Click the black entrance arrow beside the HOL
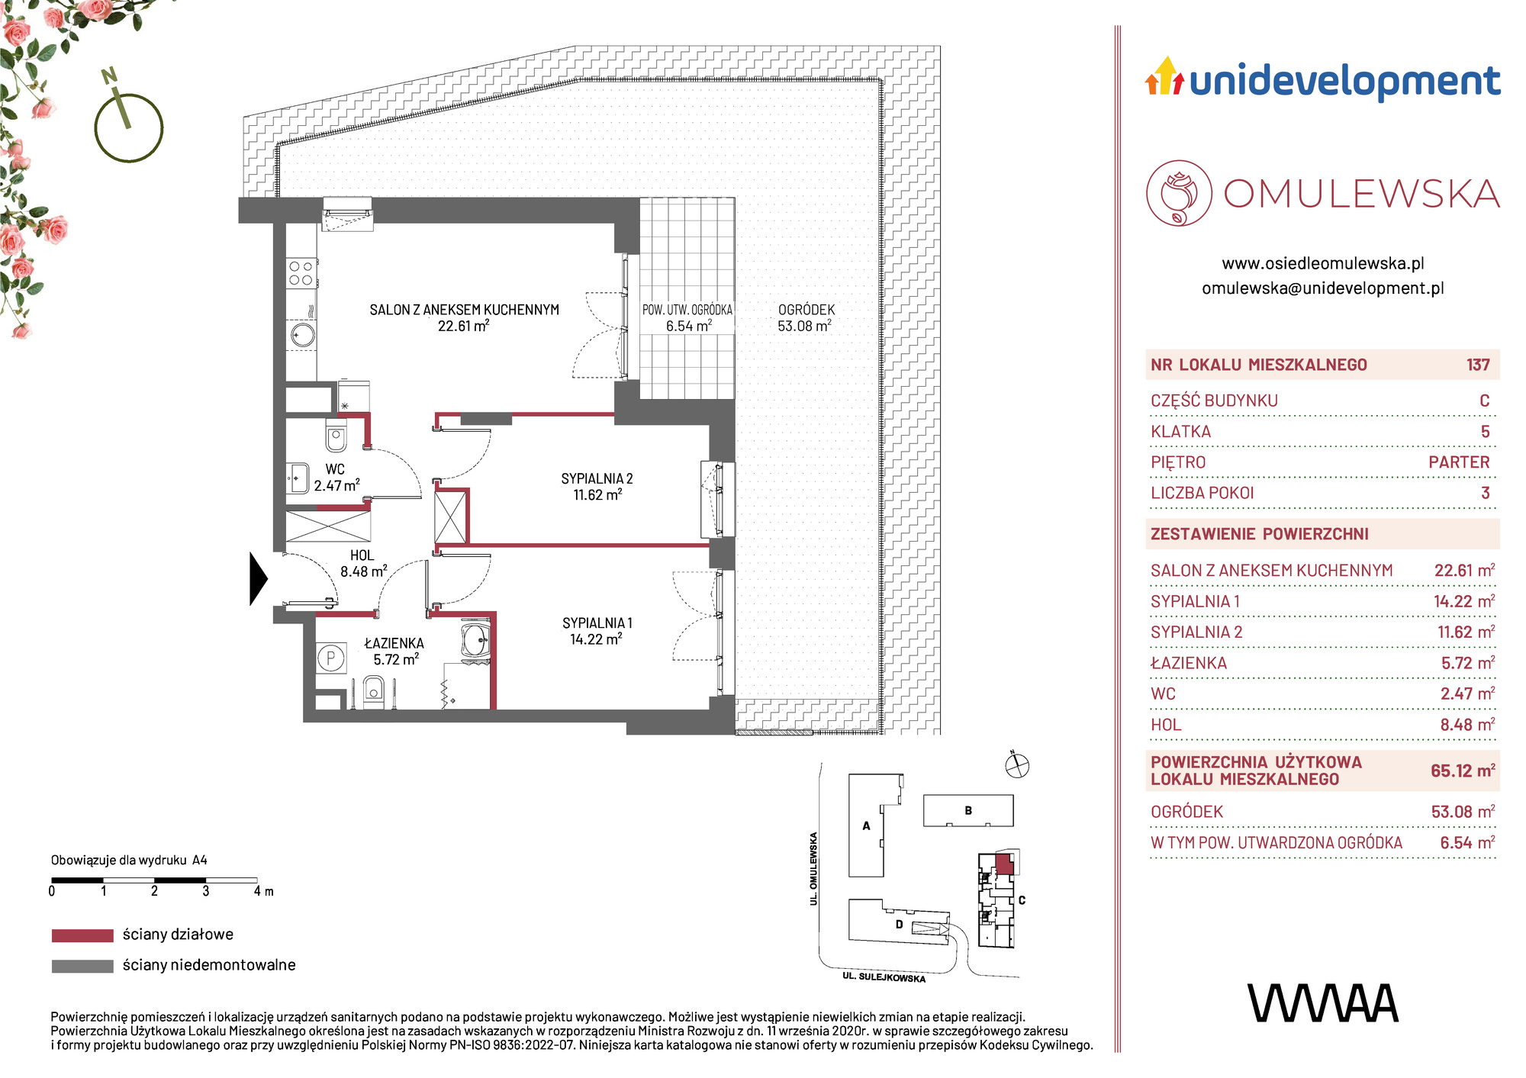[x=259, y=579]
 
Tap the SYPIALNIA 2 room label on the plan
[x=597, y=478]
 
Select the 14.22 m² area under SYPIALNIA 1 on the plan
[x=596, y=639]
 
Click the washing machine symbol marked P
[x=331, y=658]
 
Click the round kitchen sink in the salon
[x=303, y=335]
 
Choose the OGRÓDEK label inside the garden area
[x=806, y=310]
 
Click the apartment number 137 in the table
[x=1478, y=365]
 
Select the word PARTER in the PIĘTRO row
[x=1459, y=462]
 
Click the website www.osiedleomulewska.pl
[x=1323, y=263]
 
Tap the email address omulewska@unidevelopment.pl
[x=1323, y=288]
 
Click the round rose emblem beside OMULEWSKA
[x=1179, y=193]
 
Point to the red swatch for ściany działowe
[x=82, y=935]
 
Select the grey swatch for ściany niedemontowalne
[x=82, y=966]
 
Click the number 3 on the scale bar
[x=206, y=891]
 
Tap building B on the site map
[x=968, y=810]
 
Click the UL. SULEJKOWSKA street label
[x=884, y=977]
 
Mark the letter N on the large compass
[x=110, y=76]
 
